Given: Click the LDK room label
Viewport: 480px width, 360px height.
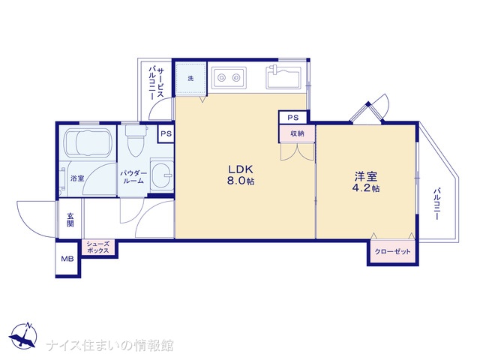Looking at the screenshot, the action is tap(241, 169).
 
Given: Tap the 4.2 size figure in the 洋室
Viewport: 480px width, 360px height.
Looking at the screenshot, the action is tap(361, 187).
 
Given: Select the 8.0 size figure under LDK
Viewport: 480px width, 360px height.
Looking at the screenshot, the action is tap(236, 181).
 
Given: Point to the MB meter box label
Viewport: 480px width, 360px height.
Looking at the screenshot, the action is tap(67, 259).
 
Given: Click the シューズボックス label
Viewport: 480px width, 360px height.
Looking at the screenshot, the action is tap(98, 247).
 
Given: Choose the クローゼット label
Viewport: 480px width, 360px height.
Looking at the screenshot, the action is tap(392, 252).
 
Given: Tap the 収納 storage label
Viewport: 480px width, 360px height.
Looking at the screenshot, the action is tap(297, 133).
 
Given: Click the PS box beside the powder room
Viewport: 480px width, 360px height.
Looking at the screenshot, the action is tap(166, 133).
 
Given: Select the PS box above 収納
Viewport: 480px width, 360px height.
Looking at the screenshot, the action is tap(292, 118).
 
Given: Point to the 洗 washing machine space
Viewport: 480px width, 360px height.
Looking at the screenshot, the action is tap(190, 78).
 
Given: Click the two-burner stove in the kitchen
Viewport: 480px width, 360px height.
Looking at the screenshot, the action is tap(229, 78).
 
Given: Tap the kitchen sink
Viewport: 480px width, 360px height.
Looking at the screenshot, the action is tap(283, 77).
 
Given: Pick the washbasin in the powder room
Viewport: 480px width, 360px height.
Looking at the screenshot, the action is tap(162, 175).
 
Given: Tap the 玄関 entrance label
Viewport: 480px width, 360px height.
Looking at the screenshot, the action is tap(70, 220).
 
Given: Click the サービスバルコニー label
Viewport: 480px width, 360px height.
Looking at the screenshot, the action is tap(156, 83).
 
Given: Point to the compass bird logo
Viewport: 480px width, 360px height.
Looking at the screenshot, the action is tap(22, 336).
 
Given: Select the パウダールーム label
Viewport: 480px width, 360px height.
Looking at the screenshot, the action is tap(133, 177).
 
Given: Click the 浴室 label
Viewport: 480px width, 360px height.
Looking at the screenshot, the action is tap(77, 178).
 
